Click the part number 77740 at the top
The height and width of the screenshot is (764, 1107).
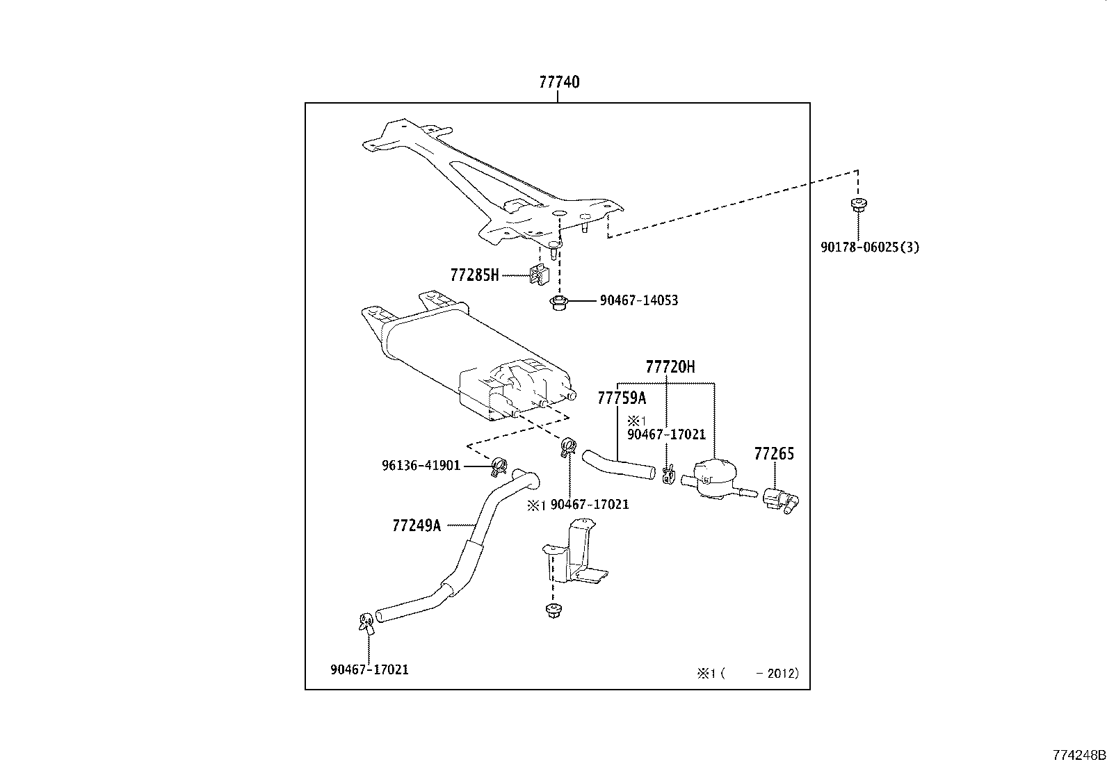point(558,82)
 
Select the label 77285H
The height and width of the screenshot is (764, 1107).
point(474,275)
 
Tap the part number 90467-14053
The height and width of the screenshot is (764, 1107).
point(638,300)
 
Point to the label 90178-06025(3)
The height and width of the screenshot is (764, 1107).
point(869,247)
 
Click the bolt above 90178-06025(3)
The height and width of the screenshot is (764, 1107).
point(857,205)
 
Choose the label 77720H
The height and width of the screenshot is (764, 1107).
point(670,366)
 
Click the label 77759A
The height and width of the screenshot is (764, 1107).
point(622,398)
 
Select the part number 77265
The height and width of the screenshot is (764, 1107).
point(774,454)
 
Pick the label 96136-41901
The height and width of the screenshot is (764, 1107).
point(421,465)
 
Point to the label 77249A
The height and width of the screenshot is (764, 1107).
point(417,525)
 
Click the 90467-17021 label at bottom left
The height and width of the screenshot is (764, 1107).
point(369,669)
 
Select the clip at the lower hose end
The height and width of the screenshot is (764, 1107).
point(365,622)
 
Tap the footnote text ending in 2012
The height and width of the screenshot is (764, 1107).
point(748,673)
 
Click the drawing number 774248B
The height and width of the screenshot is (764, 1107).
point(1078,754)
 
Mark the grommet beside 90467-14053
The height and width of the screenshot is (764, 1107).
point(556,304)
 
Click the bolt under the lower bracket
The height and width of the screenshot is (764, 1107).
point(552,612)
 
